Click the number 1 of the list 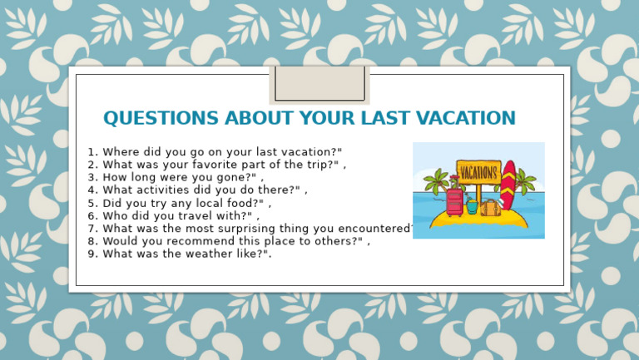pyautogui.click(x=92, y=152)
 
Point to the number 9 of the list pyautogui.click(x=92, y=254)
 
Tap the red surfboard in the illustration pyautogui.click(x=508, y=185)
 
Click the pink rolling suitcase pyautogui.click(x=454, y=200)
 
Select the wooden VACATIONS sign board pyautogui.click(x=478, y=172)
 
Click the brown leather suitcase pyautogui.click(x=490, y=208)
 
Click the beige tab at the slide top pyautogui.click(x=319, y=84)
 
